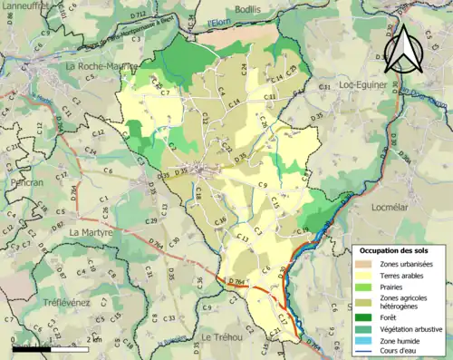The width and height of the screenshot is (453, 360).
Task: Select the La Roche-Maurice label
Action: pos(100,66)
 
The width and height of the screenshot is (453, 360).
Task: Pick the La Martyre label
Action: pos(91,232)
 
